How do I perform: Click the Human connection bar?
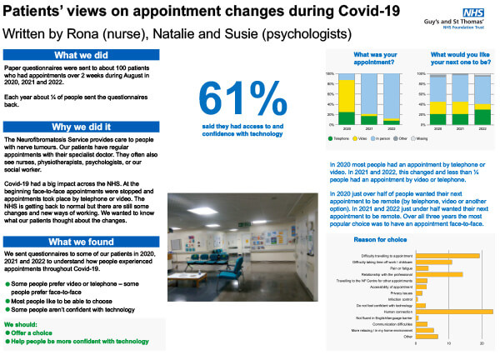point(453,311)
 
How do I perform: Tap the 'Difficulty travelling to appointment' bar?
point(447,255)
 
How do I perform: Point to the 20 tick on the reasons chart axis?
point(482,343)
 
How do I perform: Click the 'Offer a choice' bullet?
point(36,332)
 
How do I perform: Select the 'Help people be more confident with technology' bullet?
point(79,341)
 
